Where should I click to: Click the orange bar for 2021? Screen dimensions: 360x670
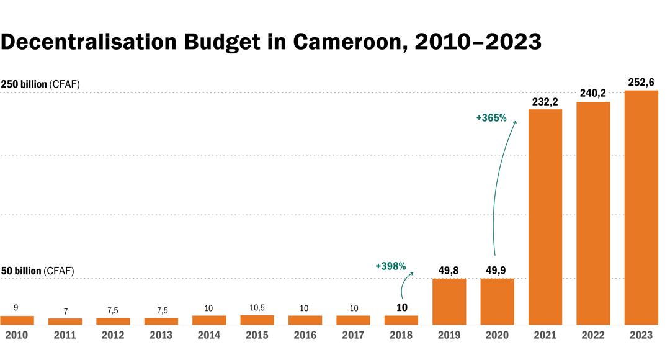tap(545, 217)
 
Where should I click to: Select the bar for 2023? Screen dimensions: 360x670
tap(641, 207)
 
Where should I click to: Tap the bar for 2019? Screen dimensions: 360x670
tap(449, 301)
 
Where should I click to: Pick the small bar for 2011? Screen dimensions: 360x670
tap(65, 321)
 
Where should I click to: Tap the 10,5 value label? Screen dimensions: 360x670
tap(257, 308)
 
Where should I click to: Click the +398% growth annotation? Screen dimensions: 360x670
tap(391, 266)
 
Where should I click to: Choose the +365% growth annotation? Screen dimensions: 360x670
tap(492, 117)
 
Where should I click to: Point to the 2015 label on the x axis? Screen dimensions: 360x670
tap(257, 335)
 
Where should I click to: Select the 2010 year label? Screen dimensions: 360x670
tap(17, 335)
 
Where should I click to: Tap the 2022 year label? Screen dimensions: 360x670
tap(593, 335)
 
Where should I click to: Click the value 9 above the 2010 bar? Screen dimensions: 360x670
tap(16, 308)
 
